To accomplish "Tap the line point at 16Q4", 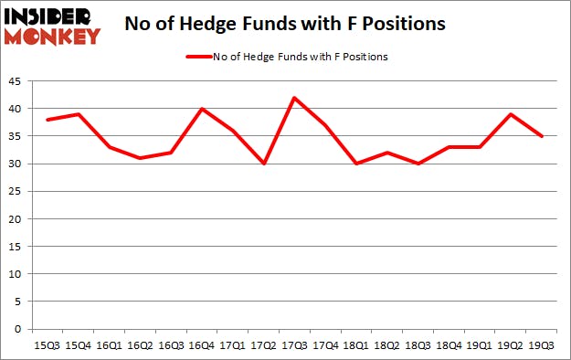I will click(202, 109).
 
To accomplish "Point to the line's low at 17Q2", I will click(264, 164).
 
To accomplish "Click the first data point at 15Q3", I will click(47, 120).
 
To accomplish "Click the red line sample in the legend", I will click(197, 57).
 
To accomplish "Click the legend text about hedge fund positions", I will click(300, 57).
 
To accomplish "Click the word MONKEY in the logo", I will click(52, 37).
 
